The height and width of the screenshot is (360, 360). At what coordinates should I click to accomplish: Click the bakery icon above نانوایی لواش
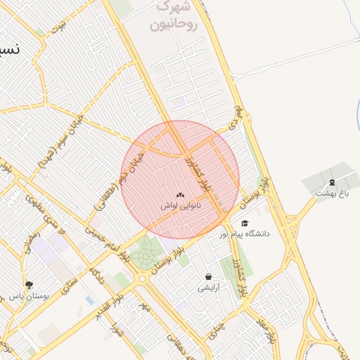(181, 194)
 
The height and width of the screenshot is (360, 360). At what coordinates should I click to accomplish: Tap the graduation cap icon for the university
(245, 223)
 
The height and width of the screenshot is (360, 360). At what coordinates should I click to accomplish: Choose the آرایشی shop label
(209, 287)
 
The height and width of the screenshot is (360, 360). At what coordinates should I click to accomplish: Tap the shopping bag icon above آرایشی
(208, 276)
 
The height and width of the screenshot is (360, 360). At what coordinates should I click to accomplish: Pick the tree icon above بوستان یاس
(29, 285)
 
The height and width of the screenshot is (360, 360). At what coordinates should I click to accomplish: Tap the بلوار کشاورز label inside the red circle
(196, 176)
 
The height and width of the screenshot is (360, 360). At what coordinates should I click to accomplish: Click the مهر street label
(145, 307)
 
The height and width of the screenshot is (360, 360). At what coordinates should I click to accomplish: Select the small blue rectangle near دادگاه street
(89, 300)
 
